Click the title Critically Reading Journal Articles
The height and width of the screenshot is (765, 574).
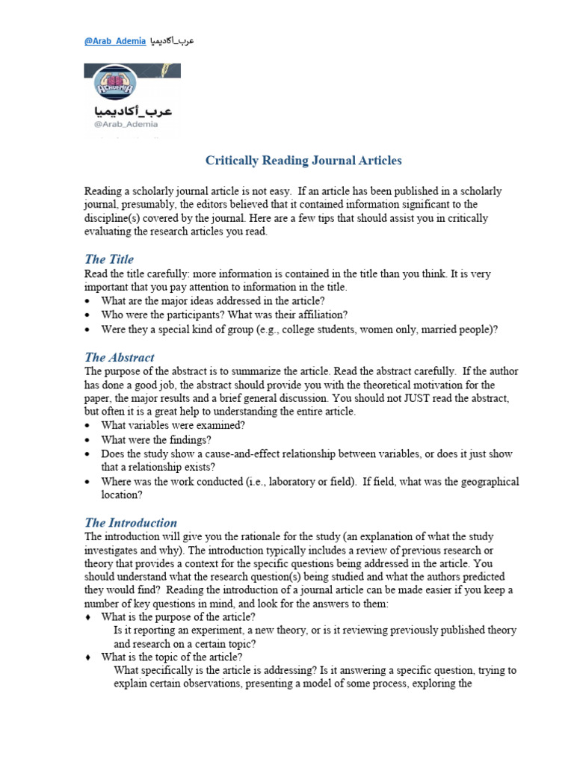303,161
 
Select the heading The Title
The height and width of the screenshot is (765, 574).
109,259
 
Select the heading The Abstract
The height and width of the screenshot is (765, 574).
119,357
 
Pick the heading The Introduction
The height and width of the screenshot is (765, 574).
130,522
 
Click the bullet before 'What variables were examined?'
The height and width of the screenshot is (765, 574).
88,426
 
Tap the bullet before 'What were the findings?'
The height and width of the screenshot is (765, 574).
88,440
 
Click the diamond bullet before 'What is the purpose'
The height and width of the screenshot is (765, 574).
88,616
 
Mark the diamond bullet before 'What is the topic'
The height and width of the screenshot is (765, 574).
88,657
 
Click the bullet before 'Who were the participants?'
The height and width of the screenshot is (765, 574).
88,315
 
